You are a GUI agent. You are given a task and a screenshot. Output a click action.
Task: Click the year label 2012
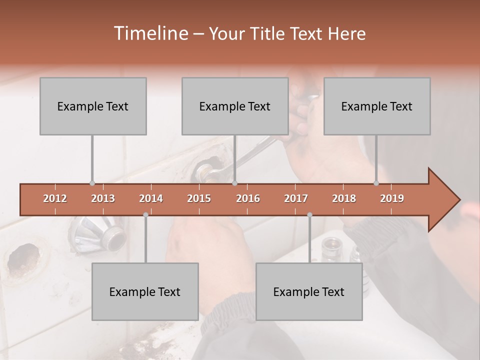point(55,198)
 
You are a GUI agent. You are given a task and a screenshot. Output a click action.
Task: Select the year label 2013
point(103,198)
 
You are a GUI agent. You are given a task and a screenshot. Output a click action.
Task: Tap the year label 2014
point(151,198)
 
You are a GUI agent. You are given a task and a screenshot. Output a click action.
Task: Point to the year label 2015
point(199,198)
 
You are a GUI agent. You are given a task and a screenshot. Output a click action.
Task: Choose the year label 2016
point(248,198)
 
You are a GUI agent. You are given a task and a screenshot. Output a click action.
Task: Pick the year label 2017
point(296,198)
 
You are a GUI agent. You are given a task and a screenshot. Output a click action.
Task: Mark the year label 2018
point(344,198)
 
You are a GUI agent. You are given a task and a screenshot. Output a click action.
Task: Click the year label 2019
point(392,198)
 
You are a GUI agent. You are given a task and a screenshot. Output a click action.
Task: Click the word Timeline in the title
point(150,33)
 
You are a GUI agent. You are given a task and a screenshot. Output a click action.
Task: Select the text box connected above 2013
point(93,106)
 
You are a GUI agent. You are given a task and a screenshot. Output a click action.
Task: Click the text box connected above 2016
point(235,106)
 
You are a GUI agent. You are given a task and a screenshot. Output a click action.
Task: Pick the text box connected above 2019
point(377,106)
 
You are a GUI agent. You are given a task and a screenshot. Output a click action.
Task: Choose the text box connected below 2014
point(145,291)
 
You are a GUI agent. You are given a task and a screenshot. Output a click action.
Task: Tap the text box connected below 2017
point(309,291)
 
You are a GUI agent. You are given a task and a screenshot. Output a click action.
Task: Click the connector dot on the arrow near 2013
point(92,183)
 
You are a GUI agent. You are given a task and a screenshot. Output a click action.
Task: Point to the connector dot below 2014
point(145,214)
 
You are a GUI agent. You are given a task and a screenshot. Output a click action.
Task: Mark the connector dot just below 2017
point(309,214)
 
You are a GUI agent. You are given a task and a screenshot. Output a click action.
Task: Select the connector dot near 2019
point(376,183)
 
